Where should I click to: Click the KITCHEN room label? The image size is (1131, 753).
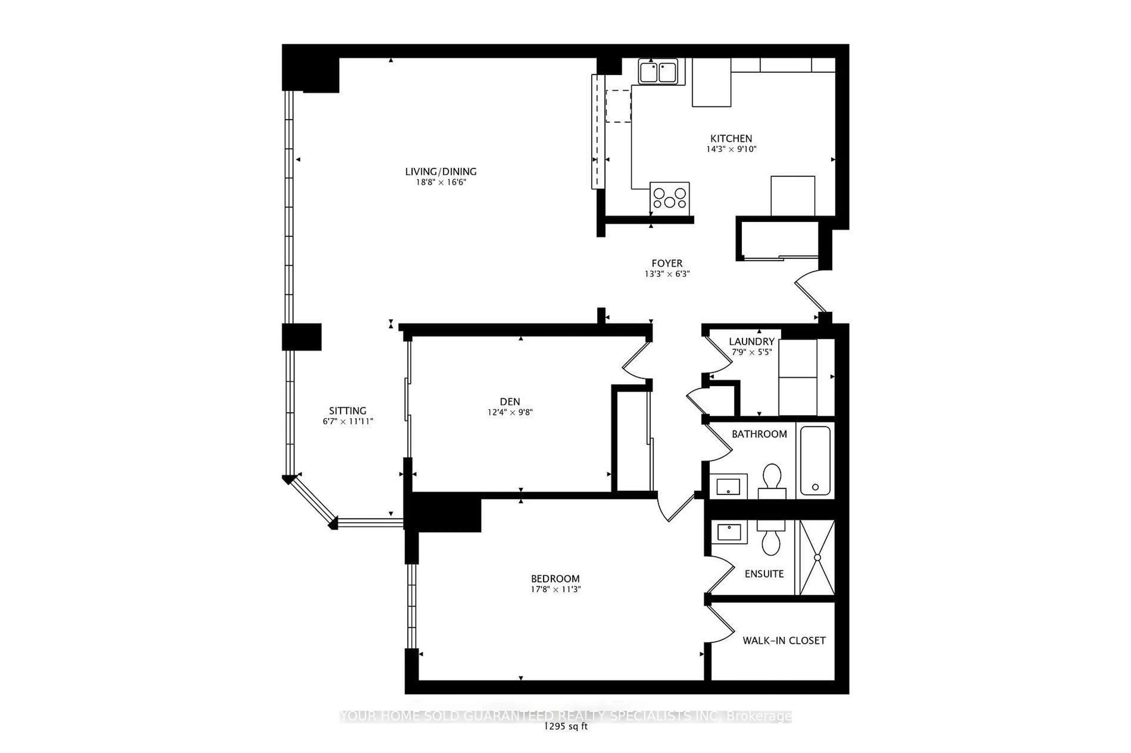(731, 138)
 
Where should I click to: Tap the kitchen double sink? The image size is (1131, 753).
(658, 72)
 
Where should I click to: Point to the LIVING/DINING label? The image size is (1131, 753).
(440, 172)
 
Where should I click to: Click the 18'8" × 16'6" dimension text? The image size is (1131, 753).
(440, 182)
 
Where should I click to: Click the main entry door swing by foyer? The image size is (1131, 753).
(810, 293)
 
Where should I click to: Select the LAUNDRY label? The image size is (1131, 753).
(751, 341)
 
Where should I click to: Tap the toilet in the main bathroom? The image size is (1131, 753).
(771, 478)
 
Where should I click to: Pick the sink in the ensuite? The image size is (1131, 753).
(729, 532)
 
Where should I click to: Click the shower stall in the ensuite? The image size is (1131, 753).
(817, 557)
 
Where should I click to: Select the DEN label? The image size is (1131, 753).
(510, 401)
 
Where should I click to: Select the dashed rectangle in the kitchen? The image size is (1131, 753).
(618, 106)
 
